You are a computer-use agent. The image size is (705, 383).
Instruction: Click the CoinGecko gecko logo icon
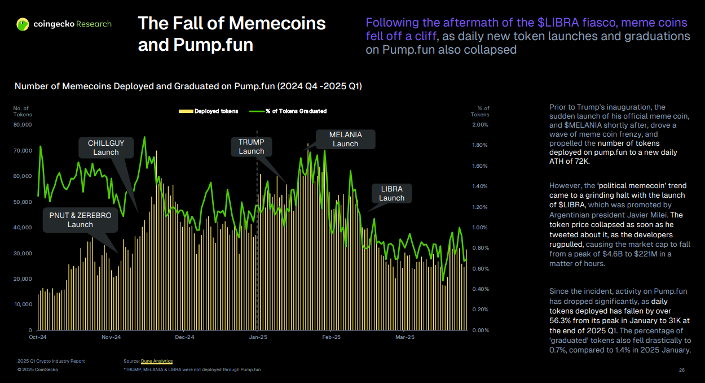(x=23, y=24)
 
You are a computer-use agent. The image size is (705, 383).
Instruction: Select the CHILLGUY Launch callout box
(x=106, y=147)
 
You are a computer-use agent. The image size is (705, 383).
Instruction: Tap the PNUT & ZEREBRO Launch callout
(x=80, y=220)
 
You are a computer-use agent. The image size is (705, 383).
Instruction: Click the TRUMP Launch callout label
(x=251, y=146)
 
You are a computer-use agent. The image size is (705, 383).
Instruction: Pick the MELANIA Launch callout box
(x=345, y=139)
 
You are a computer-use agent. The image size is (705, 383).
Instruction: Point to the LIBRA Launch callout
(x=391, y=193)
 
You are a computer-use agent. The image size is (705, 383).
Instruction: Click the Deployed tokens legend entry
(x=209, y=111)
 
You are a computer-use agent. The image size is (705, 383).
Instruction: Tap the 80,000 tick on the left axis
(x=23, y=125)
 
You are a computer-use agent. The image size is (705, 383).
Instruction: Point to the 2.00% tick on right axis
(x=480, y=125)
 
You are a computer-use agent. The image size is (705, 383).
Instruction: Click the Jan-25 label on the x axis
(x=258, y=337)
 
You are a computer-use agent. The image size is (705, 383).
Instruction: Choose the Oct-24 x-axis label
(x=38, y=337)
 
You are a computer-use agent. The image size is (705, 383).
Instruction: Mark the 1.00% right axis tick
(x=480, y=228)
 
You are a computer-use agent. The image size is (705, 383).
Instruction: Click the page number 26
(x=681, y=370)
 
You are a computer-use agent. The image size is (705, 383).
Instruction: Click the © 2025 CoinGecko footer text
(x=38, y=369)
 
